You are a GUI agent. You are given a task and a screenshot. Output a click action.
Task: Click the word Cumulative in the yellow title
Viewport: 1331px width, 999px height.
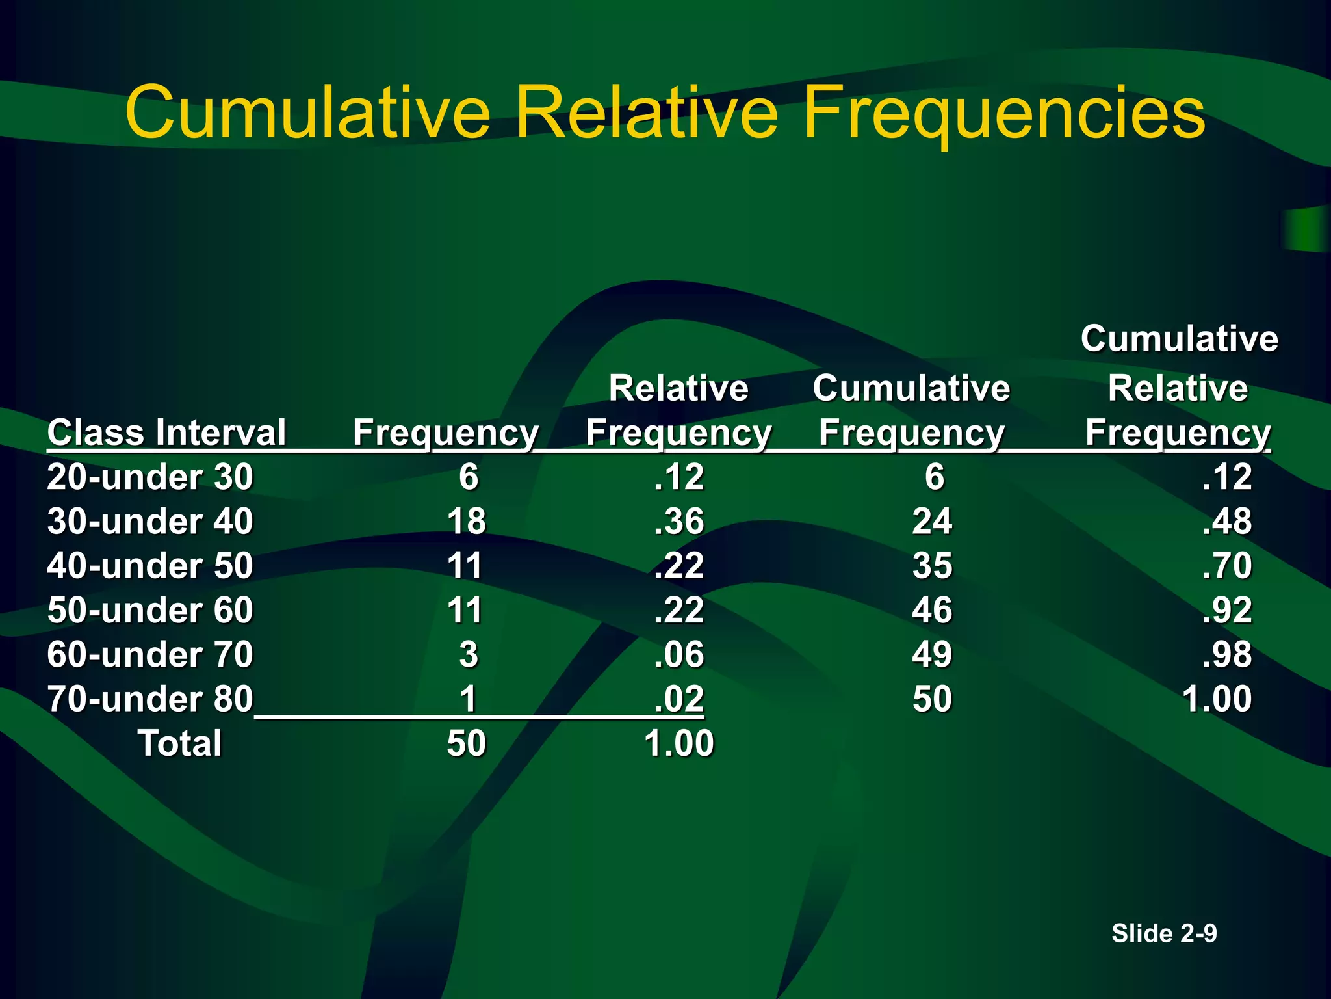307,113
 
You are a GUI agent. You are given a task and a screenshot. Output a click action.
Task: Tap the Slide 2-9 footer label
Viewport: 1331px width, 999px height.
1163,933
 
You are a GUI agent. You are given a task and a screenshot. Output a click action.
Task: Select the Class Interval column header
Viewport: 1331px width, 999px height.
166,433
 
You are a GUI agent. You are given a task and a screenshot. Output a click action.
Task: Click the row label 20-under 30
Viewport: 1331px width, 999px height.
150,477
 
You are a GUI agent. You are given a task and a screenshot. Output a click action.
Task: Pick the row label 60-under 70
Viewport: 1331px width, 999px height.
150,654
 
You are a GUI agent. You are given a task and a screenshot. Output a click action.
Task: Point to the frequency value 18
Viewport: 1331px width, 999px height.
466,521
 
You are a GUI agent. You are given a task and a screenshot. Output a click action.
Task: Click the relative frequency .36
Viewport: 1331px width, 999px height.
678,521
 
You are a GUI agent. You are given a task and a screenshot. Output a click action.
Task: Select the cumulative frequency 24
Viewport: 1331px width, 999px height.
932,521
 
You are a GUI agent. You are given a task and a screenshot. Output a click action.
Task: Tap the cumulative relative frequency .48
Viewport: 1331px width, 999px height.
1226,521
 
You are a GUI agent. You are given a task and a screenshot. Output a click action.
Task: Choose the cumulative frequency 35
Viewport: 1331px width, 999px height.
932,565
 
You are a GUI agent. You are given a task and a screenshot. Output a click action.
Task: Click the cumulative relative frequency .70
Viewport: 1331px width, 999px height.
1226,565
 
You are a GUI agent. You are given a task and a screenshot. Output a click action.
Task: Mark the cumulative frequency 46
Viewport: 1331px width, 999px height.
932,610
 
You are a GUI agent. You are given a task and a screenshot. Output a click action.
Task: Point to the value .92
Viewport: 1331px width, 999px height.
1226,610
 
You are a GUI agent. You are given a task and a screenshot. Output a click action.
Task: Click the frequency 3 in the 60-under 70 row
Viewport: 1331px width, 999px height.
469,654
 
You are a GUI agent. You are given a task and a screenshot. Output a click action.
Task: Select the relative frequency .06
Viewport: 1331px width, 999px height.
678,654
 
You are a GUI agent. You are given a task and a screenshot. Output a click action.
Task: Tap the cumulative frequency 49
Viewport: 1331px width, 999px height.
932,654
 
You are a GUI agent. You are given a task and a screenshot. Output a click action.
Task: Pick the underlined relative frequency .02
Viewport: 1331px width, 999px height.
678,699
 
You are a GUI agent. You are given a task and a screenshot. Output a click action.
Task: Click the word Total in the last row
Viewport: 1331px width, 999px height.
180,743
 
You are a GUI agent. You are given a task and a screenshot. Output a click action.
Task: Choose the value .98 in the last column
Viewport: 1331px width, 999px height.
1226,654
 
